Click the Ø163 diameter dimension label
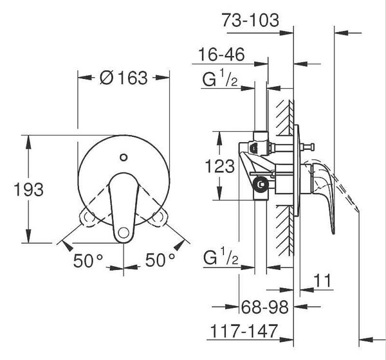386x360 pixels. (x=124, y=78)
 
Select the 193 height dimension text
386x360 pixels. (x=29, y=190)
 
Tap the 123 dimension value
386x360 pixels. (x=220, y=166)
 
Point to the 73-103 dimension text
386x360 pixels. (x=250, y=20)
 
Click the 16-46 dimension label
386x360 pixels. (x=221, y=55)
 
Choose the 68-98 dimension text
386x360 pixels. (x=264, y=307)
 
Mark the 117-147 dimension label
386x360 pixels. (x=244, y=331)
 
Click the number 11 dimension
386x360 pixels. (x=322, y=280)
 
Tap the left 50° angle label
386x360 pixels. (x=88, y=260)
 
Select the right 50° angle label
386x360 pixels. (x=160, y=260)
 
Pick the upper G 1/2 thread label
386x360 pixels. (x=220, y=78)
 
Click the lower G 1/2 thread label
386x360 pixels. (x=221, y=256)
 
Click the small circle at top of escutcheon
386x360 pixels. (x=124, y=157)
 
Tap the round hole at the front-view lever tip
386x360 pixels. (x=124, y=233)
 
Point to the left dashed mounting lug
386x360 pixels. (x=87, y=217)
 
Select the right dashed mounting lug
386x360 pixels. (x=158, y=217)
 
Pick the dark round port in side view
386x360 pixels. (x=261, y=184)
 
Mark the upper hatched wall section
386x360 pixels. (x=285, y=118)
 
